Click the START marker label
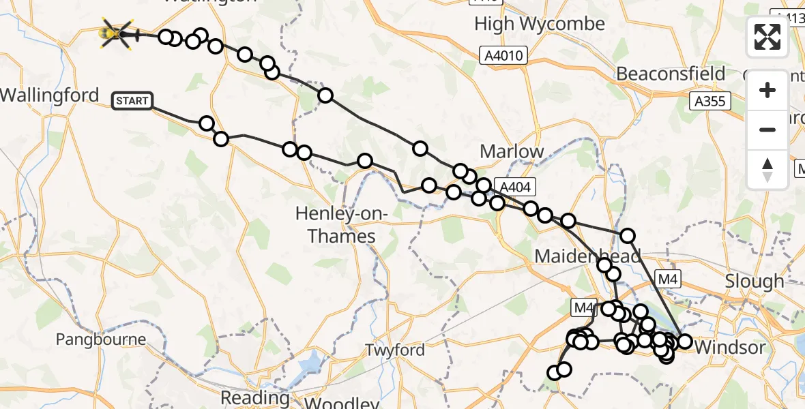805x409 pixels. tap(132, 102)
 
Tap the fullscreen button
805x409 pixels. tap(767, 37)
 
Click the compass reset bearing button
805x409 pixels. tap(767, 169)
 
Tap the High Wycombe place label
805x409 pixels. tap(540, 24)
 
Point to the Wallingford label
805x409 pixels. tap(50, 95)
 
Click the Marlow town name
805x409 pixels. tap(512, 151)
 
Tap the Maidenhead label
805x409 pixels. tap(587, 256)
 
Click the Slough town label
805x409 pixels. tap(755, 281)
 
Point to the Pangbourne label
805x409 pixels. tap(101, 339)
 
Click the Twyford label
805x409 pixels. tap(394, 350)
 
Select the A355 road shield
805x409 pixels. tap(709, 102)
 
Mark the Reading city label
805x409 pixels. tap(254, 397)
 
